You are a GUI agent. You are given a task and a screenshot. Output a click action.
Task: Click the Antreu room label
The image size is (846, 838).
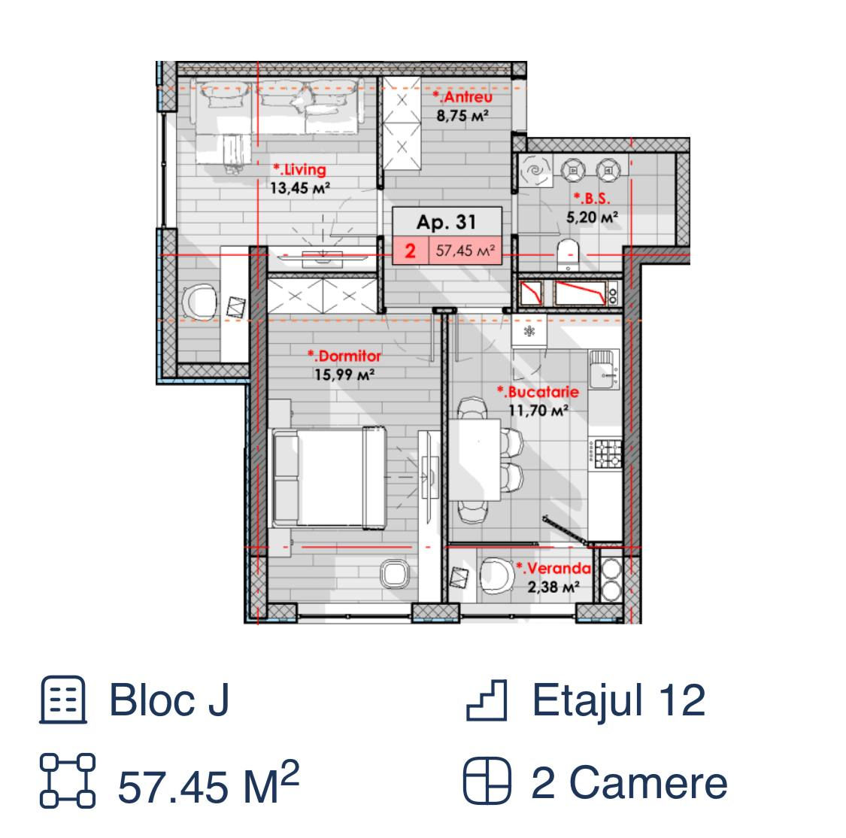tap(462, 97)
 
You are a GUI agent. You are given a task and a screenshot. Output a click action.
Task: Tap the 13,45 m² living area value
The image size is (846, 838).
tap(300, 188)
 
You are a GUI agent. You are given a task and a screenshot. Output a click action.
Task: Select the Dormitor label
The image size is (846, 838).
tap(344, 356)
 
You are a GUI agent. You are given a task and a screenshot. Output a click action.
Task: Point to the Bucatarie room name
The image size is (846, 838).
tap(538, 392)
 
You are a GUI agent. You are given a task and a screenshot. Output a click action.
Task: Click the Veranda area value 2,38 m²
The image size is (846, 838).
tap(553, 587)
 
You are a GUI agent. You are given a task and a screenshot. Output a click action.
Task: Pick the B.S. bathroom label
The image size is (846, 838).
tap(592, 199)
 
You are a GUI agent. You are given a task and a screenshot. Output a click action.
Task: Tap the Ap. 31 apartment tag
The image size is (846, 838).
tap(447, 222)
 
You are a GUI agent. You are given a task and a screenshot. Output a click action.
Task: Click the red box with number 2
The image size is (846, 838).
tap(411, 250)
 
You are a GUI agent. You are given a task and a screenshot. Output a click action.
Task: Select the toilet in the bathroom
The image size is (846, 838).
tap(568, 255)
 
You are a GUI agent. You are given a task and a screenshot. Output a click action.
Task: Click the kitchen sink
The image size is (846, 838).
tap(604, 369)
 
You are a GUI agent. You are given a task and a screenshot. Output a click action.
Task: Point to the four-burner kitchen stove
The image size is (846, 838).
tap(606, 454)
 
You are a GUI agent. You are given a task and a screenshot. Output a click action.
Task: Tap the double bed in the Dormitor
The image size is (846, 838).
tap(329, 478)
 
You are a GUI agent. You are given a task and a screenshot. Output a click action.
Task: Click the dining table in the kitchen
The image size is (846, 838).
tap(475, 459)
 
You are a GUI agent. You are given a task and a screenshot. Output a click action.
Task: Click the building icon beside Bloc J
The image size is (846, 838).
tap(63, 700)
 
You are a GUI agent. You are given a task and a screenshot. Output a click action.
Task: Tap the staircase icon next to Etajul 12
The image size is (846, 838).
tap(487, 700)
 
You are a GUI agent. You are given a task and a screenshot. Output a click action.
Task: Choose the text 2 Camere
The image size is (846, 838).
tap(629, 783)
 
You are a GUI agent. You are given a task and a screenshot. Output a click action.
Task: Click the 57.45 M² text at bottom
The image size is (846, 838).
tap(208, 783)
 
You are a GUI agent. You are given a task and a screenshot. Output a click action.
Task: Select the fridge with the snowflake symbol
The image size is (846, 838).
tap(529, 331)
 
